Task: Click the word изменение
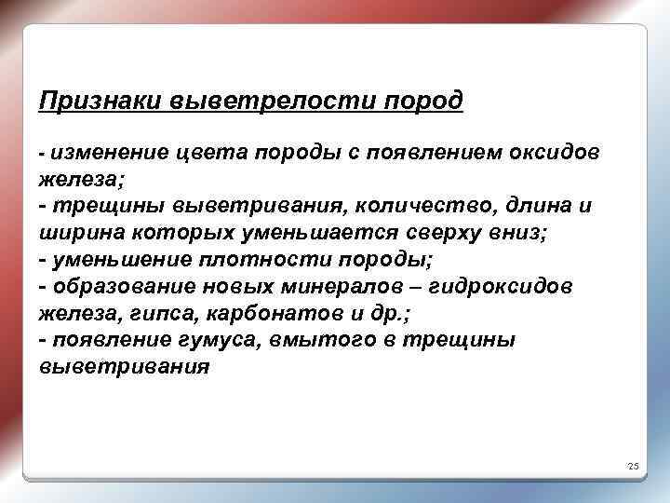[110, 152]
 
